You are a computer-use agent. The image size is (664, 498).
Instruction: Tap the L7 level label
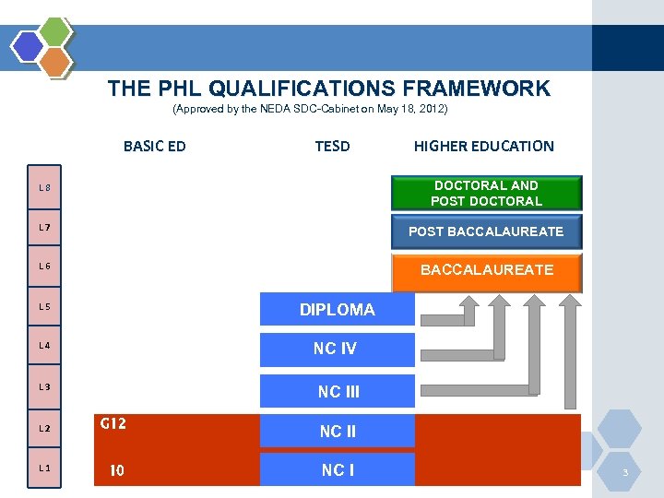[44, 227]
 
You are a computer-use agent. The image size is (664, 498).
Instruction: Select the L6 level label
[44, 267]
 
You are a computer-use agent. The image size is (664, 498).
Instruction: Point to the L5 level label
[44, 306]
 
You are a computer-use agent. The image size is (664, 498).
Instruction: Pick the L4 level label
[44, 346]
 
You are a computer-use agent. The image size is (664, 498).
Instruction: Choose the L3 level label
[44, 386]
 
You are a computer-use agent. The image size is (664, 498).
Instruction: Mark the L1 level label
[44, 468]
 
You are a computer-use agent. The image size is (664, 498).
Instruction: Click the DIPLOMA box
[337, 310]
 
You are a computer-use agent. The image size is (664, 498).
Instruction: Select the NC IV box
[337, 350]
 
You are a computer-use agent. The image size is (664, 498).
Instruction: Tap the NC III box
[337, 391]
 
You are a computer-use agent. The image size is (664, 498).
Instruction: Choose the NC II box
[337, 431]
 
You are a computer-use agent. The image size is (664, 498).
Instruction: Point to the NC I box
[337, 470]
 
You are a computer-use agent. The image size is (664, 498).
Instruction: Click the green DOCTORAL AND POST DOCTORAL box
[486, 193]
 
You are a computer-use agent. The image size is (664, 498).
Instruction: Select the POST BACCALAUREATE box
[486, 231]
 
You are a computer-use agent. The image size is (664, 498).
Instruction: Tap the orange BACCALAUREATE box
[486, 270]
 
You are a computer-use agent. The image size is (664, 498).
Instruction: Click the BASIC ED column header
[154, 146]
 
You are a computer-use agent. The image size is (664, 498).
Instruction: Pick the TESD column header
[332, 146]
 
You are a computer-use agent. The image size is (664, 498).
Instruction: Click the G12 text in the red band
[113, 424]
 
